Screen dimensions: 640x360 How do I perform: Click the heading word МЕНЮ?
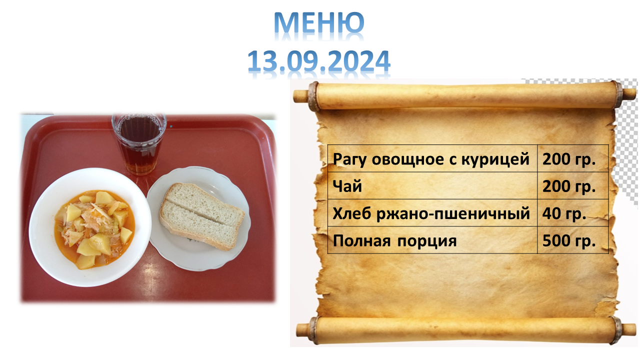(x=319, y=23)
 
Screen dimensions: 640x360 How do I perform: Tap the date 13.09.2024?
(x=319, y=61)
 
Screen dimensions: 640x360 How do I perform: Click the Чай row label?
(x=347, y=186)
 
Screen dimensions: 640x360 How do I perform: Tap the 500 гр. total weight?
(x=569, y=240)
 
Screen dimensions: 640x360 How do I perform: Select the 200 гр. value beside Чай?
(x=569, y=186)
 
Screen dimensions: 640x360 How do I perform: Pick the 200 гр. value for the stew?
(x=569, y=159)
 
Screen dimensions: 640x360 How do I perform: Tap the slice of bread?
(x=201, y=216)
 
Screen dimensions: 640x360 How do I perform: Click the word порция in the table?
(x=427, y=241)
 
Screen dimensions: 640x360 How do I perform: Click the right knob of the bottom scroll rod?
(x=628, y=329)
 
